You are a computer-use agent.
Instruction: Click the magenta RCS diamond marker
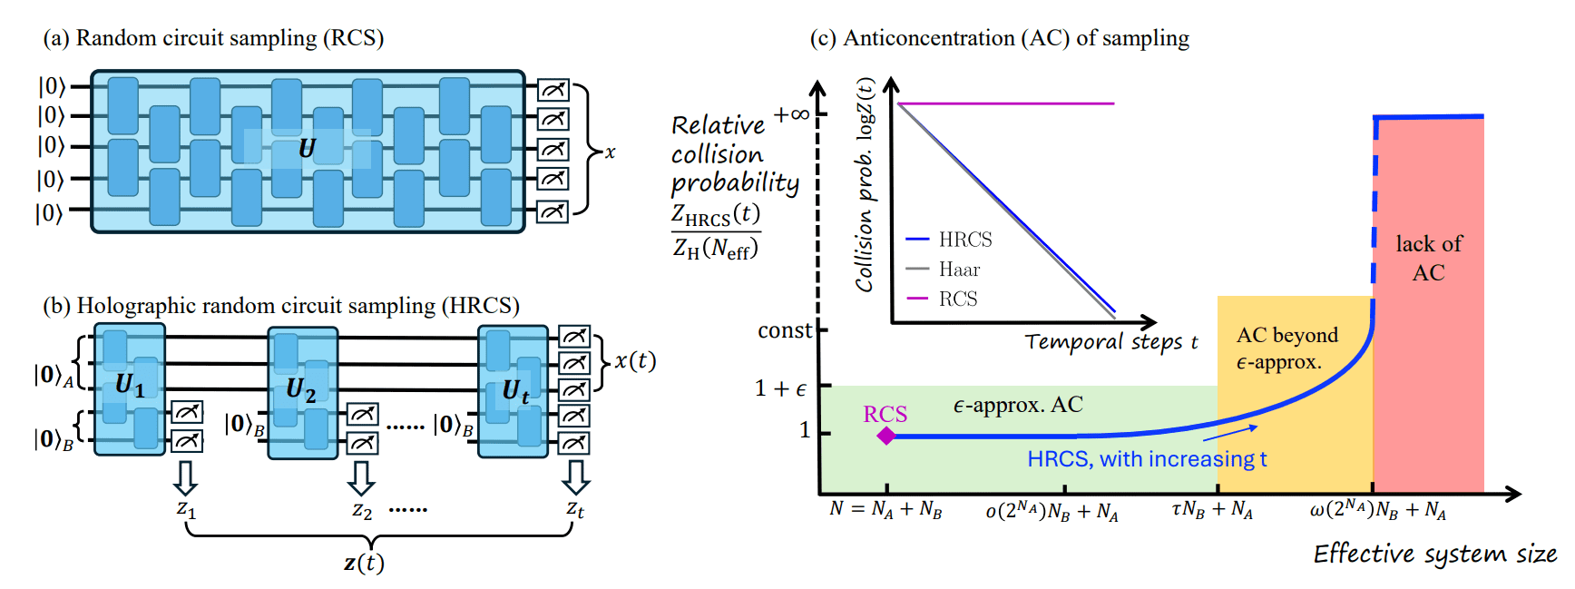click(x=886, y=437)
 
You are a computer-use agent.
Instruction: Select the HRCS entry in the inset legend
click(x=964, y=240)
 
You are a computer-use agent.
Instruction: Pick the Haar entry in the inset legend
click(x=959, y=270)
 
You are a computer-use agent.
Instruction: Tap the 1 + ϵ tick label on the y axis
click(x=780, y=388)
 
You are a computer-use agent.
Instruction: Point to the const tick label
click(x=785, y=330)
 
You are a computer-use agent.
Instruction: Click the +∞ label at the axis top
click(x=791, y=114)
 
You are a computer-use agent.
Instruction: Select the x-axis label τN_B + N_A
click(x=1211, y=510)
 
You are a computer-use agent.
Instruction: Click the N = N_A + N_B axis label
click(x=885, y=509)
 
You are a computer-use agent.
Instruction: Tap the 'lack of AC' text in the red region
click(x=1428, y=258)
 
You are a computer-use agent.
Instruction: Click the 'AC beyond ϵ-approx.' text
click(x=1286, y=348)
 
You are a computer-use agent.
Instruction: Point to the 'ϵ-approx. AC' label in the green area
click(x=1017, y=405)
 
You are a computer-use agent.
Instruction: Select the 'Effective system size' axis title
click(x=1434, y=554)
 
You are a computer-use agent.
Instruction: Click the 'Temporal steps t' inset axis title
click(x=1111, y=342)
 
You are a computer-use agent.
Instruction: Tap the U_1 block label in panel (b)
click(x=129, y=386)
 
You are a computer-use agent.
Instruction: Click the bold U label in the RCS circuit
click(x=307, y=148)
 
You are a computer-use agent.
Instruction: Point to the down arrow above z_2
click(x=361, y=477)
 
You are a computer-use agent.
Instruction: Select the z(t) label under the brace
click(x=364, y=563)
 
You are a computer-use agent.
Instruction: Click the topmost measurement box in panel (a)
click(x=553, y=89)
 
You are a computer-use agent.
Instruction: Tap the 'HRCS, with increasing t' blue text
click(x=1147, y=459)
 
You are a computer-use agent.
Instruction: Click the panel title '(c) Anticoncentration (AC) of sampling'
click(x=999, y=38)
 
